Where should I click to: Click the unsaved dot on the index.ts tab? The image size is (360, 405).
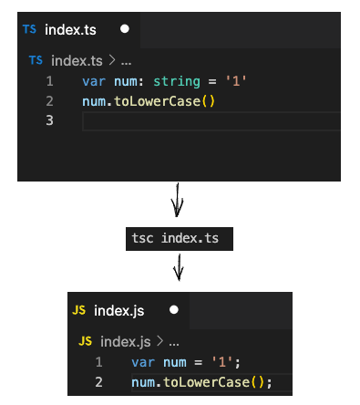[x=125, y=28]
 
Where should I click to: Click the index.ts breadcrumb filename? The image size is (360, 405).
[x=77, y=60]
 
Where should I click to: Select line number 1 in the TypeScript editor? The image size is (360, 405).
[x=49, y=82]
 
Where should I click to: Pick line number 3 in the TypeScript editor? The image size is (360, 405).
[x=49, y=120]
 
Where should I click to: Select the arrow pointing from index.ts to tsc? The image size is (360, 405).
[x=178, y=200]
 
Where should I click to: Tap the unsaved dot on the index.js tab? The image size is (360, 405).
[x=173, y=310]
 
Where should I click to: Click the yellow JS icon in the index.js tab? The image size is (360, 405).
[x=79, y=310]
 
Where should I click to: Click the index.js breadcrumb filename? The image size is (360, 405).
[x=126, y=341]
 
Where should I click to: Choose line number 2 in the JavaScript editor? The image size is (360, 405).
[x=99, y=381]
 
